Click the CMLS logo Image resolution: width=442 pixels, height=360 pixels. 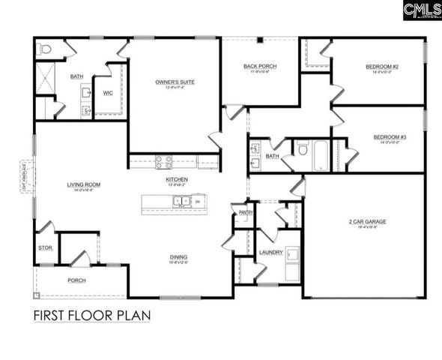click(421, 10)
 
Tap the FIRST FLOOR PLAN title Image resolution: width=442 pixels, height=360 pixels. click(91, 316)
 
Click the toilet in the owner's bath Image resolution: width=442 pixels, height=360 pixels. click(45, 49)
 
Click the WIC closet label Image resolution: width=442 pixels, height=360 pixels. click(108, 93)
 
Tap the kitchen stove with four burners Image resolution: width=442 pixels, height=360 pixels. click(163, 160)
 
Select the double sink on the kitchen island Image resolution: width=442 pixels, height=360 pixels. click(181, 201)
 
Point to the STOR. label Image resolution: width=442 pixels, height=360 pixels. click(45, 247)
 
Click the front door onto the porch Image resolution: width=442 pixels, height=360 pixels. click(80, 258)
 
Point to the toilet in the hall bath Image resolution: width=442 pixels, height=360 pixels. click(303, 149)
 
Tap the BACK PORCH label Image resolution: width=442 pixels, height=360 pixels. click(259, 67)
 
